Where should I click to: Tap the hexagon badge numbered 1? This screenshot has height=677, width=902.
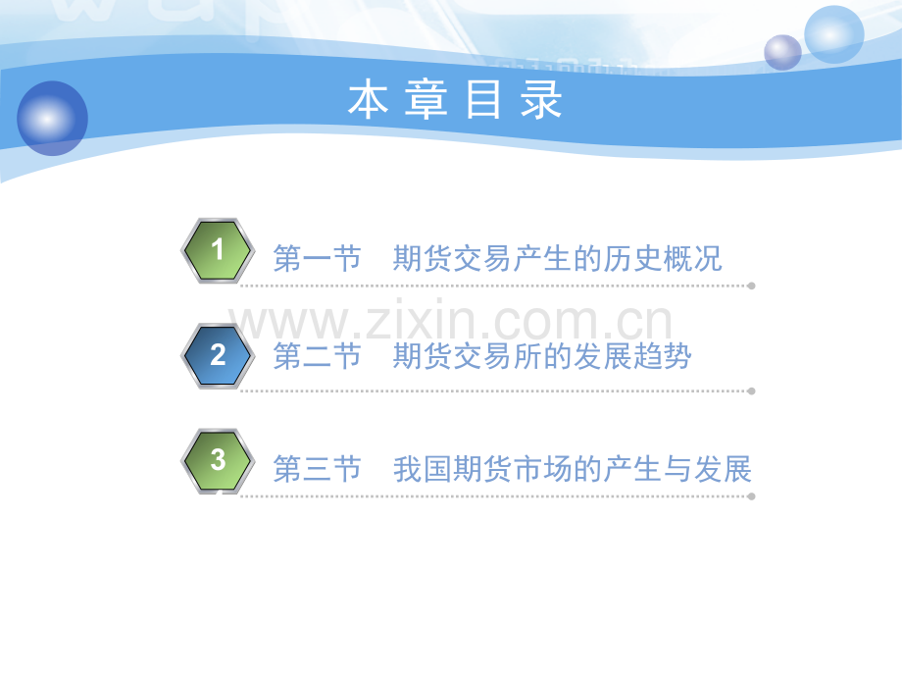click(x=218, y=251)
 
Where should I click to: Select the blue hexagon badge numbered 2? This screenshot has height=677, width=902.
click(x=218, y=355)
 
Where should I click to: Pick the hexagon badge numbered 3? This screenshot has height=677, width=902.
click(x=218, y=460)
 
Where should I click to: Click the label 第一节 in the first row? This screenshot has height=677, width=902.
click(x=317, y=259)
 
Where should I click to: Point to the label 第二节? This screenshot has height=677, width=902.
click(x=317, y=357)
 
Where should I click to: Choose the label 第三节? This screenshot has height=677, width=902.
click(x=317, y=470)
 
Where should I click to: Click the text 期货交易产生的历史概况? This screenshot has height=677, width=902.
click(x=557, y=259)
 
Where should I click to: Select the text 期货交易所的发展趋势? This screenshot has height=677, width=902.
click(x=542, y=357)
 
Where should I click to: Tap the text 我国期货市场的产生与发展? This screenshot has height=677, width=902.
click(x=572, y=470)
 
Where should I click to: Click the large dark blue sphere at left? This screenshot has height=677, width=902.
click(x=52, y=118)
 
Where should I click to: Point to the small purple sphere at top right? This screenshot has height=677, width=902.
click(x=782, y=52)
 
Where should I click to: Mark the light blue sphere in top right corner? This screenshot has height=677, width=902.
click(x=833, y=34)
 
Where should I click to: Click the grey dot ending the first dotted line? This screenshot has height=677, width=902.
click(x=751, y=286)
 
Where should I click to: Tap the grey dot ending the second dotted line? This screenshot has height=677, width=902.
click(x=751, y=391)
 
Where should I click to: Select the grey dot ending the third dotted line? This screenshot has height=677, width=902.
click(x=751, y=496)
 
